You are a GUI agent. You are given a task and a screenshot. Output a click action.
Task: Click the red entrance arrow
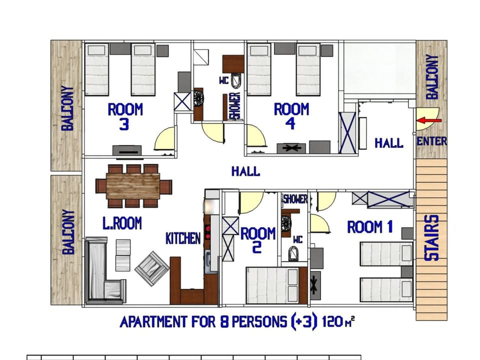429,120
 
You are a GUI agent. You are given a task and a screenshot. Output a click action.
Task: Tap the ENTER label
431,141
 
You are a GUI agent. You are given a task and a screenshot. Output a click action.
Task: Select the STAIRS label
431,238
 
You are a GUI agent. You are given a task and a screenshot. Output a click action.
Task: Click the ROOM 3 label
125,116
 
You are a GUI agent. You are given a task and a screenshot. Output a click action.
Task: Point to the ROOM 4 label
291,116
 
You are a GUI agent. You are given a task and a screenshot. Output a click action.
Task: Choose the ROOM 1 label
369,227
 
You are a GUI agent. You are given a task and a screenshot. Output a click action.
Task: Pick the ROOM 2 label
258,239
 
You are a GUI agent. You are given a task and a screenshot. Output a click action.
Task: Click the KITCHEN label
183,238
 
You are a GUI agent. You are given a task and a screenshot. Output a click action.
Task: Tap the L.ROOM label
122,223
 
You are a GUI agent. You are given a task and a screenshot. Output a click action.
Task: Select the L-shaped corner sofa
102,275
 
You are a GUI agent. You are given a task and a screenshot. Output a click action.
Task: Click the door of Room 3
165,139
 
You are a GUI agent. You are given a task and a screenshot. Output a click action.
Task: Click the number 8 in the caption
211,321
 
